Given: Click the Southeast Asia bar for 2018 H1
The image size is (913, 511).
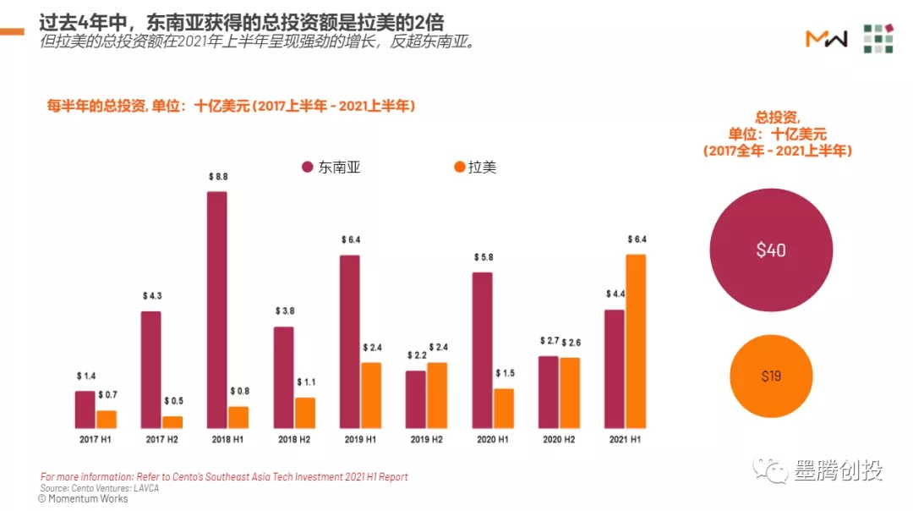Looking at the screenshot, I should pos(217,310).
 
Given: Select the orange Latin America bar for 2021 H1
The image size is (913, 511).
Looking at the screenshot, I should pos(636,341).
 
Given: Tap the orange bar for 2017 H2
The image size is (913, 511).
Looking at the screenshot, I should pos(172,421).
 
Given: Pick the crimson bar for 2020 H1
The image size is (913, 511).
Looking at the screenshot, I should pos(482,349).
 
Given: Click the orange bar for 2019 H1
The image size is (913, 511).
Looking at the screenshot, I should pos(371,395).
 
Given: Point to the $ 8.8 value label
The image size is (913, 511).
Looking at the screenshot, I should pos(217,177).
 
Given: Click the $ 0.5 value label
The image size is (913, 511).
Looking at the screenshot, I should pos(173,401).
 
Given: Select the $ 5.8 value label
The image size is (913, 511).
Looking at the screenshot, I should pos(483,257).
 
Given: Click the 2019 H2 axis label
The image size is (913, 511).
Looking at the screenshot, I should pos(426,440).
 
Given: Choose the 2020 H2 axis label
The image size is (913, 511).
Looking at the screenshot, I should pos(559,440).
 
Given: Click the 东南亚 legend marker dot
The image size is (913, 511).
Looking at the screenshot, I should pos(308,168).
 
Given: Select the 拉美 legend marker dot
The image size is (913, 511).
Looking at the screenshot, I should pos(460,168).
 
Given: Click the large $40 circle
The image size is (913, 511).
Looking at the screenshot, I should pos(770,250).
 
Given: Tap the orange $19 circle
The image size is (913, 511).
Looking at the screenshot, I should pos(771,376).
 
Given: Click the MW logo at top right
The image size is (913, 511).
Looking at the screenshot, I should pos(826,39).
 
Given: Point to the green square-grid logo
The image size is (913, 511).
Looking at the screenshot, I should pos(878,39).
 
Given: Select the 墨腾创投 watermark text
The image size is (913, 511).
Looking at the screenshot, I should pos(837,470).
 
